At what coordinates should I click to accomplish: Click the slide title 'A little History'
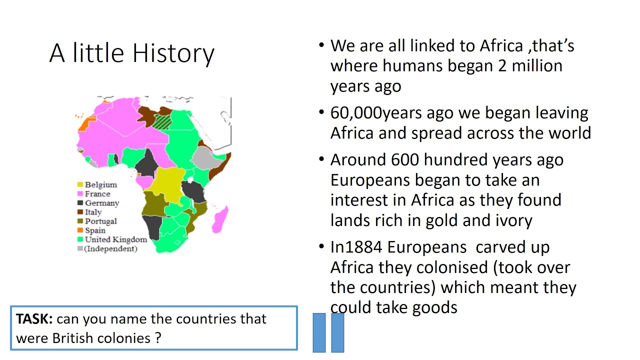(132, 53)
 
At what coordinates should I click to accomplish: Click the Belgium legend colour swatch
(79, 185)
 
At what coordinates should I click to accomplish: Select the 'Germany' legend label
(102, 203)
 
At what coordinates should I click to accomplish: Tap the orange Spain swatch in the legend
(79, 230)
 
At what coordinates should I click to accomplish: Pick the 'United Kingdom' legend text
(116, 239)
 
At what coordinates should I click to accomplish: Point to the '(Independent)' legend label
(110, 248)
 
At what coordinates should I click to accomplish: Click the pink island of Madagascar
(219, 220)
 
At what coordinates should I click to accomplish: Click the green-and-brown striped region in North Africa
(161, 121)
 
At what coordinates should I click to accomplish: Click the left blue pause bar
(319, 333)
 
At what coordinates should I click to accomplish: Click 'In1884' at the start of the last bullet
(356, 247)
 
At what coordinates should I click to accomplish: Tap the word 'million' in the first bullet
(536, 66)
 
